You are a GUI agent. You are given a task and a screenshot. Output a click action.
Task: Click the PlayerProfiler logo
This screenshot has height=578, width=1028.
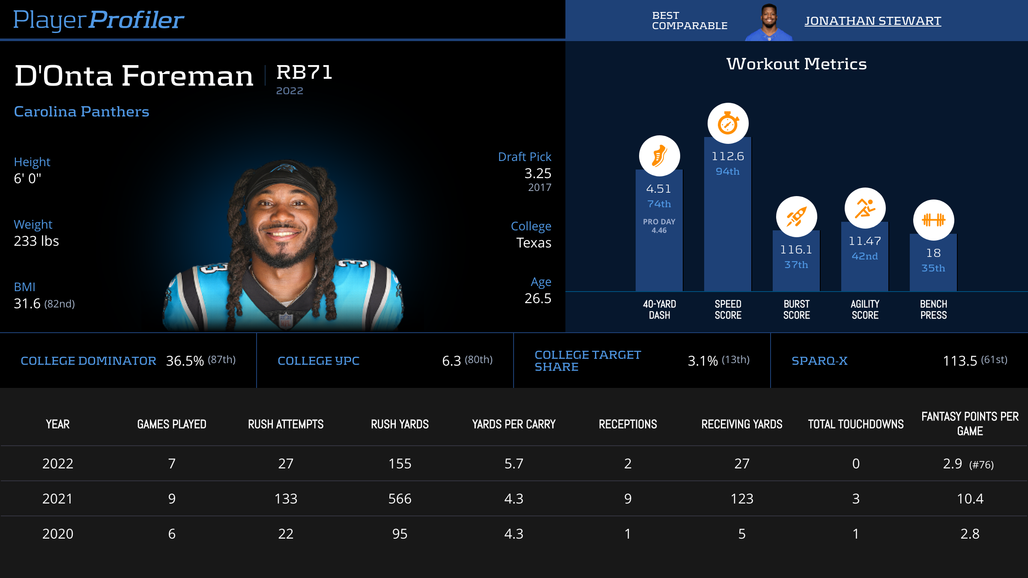(99, 20)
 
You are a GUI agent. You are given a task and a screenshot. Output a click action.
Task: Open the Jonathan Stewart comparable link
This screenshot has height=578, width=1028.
(873, 21)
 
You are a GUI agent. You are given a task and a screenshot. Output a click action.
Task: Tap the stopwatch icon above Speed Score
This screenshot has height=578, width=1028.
(728, 124)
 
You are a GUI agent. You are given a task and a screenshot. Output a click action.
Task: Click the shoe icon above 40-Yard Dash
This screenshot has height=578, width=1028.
(659, 156)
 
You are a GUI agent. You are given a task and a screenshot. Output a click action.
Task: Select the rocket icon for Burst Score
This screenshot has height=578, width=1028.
(796, 217)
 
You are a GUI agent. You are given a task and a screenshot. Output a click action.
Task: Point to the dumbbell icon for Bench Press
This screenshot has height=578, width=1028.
(933, 220)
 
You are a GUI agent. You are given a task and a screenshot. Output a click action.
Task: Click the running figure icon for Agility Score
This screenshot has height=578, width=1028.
(865, 208)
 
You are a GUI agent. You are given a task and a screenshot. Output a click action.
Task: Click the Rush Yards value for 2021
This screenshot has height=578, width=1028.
(400, 499)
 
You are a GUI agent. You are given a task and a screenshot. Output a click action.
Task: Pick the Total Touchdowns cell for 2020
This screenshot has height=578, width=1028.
(855, 534)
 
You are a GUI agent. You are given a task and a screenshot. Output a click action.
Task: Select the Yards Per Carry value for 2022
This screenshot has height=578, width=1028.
(514, 464)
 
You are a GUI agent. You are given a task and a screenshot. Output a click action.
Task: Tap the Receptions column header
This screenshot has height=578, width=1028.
(628, 424)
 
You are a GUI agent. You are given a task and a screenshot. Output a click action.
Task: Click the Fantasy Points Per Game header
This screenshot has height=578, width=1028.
(970, 423)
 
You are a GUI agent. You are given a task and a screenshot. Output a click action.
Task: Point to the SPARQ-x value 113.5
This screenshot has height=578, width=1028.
(959, 361)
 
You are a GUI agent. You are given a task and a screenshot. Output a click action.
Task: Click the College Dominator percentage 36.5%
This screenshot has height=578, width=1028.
(185, 361)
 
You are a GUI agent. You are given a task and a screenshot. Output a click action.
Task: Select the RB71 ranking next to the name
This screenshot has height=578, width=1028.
(304, 72)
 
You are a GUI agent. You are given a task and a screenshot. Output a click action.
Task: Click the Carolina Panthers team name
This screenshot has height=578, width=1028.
(81, 112)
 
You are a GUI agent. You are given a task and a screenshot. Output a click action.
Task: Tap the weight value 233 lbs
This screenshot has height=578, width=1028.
(36, 241)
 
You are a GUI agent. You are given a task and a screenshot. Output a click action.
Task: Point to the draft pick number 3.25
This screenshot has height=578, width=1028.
(538, 173)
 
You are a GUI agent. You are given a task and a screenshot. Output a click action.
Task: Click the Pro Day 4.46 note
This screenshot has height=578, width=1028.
(659, 226)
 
